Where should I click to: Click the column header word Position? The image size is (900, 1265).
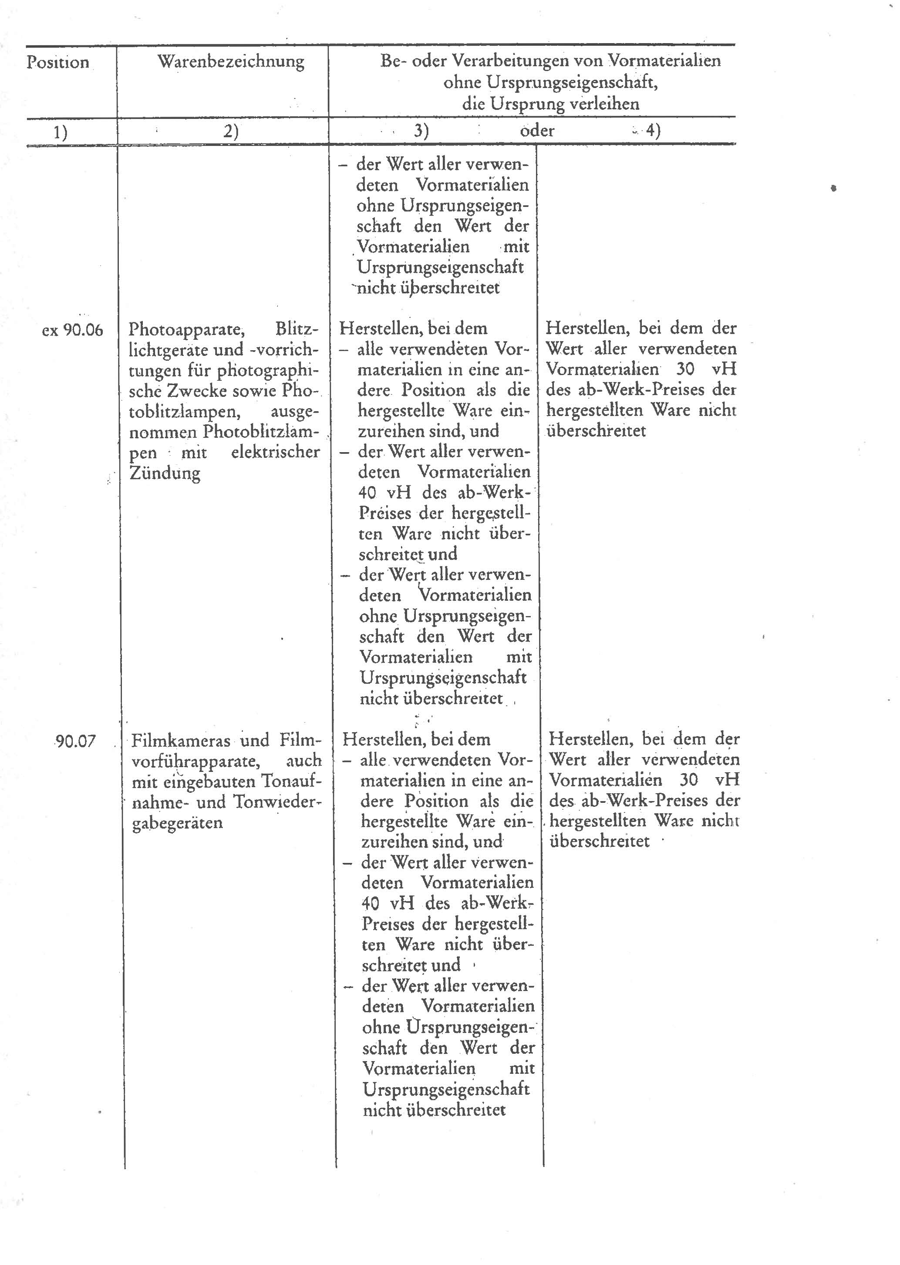click(x=57, y=62)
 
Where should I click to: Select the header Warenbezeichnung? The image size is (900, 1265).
click(x=230, y=61)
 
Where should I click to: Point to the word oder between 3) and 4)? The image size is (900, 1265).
click(x=537, y=131)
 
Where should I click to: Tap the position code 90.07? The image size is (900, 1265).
click(x=76, y=741)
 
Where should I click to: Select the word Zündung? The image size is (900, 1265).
click(x=165, y=473)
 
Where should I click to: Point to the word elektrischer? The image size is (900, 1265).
click(x=276, y=452)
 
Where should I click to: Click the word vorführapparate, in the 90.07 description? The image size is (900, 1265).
click(x=196, y=761)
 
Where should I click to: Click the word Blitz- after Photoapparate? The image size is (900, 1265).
click(x=297, y=329)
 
